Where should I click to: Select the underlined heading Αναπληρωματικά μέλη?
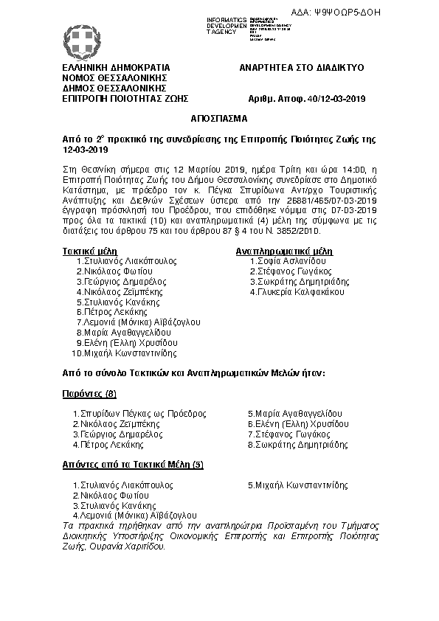coord(283,251)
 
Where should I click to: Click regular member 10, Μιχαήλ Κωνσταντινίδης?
coord(124,353)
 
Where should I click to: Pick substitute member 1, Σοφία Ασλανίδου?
coord(288,261)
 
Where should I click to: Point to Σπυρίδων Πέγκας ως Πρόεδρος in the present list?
coord(139,414)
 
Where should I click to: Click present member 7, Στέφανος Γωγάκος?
coord(288,434)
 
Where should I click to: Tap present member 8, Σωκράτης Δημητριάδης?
coord(298,445)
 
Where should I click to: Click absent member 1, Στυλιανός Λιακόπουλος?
coord(123,485)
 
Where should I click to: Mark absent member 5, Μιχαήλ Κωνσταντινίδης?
coord(298,485)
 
